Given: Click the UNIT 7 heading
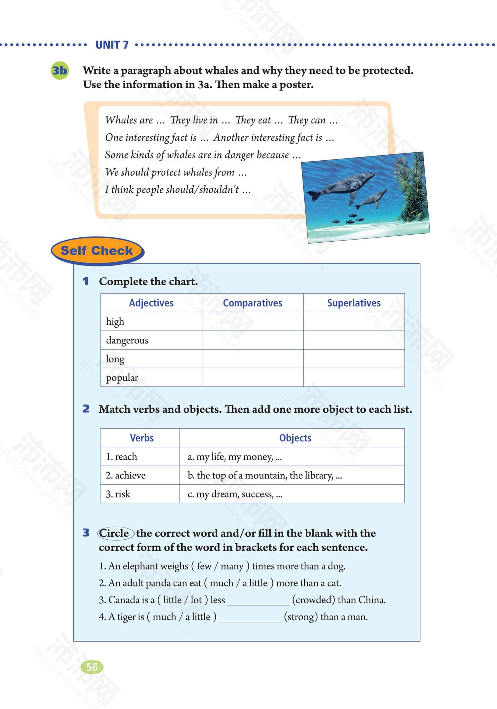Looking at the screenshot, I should pyautogui.click(x=112, y=45).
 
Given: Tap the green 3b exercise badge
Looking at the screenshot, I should pyautogui.click(x=60, y=71).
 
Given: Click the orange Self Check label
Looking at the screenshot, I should pyautogui.click(x=97, y=251).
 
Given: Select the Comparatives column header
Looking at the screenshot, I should pyautogui.click(x=252, y=303).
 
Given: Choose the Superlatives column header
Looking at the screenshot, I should pyautogui.click(x=354, y=303).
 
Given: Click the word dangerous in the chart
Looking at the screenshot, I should pyautogui.click(x=127, y=340).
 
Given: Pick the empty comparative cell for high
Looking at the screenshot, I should pyautogui.click(x=252, y=322).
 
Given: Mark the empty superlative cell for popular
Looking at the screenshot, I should pyautogui.click(x=354, y=377).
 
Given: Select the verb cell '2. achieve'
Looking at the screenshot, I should pyautogui.click(x=125, y=475).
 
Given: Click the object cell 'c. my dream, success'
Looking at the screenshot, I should pyautogui.click(x=235, y=494).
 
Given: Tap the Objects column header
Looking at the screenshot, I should pyautogui.click(x=295, y=438).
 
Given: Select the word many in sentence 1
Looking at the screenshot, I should pyautogui.click(x=232, y=566).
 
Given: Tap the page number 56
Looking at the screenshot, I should pyautogui.click(x=92, y=667).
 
